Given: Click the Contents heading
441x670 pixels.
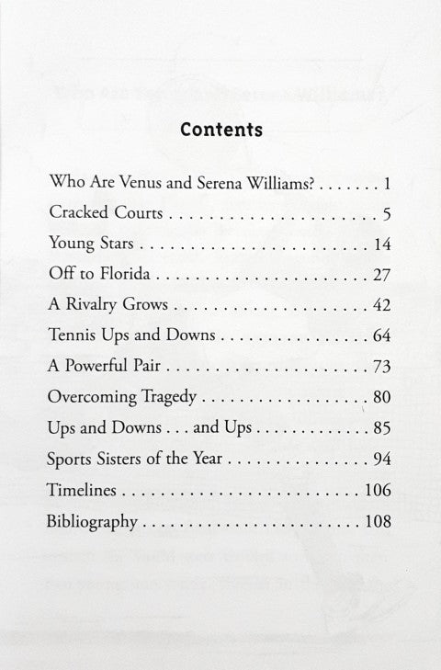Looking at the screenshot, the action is pos(221,130).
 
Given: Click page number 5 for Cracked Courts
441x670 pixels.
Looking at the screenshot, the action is pos(388,214).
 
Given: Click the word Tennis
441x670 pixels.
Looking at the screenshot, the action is pos(70,336).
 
